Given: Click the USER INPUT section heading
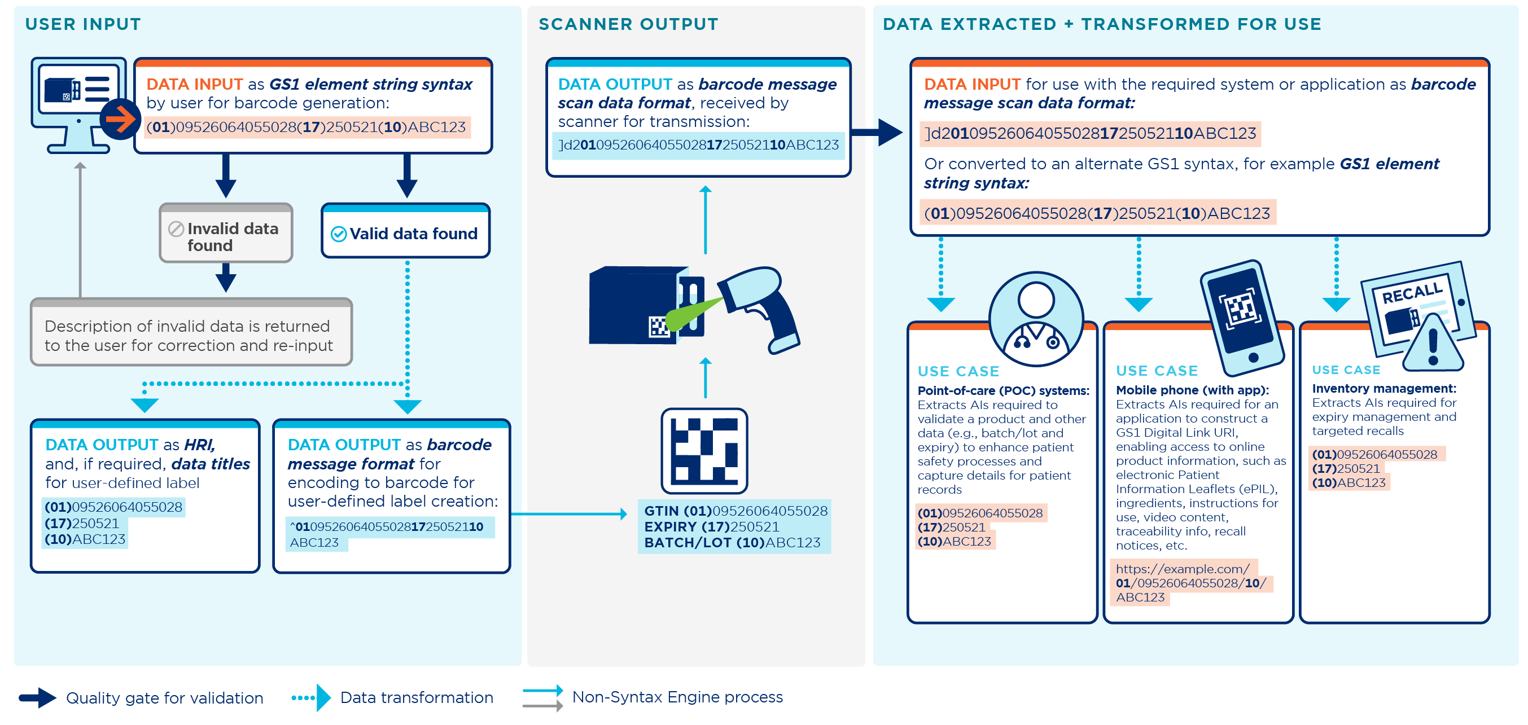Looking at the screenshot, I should [x=83, y=24].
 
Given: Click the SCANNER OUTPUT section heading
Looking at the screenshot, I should [x=628, y=24].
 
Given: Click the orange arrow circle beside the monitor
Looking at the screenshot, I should [x=120, y=119].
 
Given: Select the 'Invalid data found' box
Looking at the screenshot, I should [x=226, y=236].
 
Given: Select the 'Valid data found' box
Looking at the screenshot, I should [x=406, y=234].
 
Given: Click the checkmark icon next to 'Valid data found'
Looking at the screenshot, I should [x=339, y=234].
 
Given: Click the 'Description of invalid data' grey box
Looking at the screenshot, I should [x=191, y=335].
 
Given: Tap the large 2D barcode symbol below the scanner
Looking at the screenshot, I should [x=704, y=451].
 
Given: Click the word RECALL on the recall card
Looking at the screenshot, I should [x=1412, y=292].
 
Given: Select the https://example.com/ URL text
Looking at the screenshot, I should [x=1182, y=569].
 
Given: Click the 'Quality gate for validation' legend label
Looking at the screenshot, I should [x=164, y=698].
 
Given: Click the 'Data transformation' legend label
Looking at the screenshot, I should [x=417, y=697].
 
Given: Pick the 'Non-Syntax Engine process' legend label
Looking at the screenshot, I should [x=677, y=697].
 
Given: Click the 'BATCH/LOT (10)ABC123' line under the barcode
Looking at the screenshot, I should [x=732, y=542].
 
